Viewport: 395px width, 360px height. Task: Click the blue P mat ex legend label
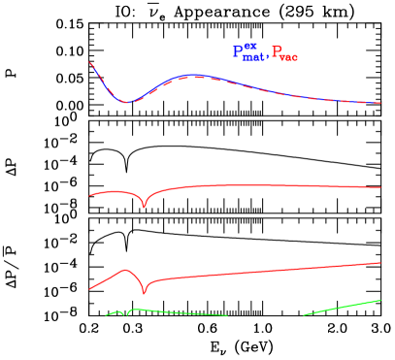click(x=248, y=53)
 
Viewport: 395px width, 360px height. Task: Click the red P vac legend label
click(x=284, y=55)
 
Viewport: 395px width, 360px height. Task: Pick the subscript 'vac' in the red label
click(x=289, y=58)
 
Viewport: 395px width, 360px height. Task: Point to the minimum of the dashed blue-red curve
click(x=126, y=103)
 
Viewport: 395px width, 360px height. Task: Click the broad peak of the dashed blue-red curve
click(x=197, y=75)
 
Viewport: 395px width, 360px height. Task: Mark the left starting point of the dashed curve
click(x=90, y=63)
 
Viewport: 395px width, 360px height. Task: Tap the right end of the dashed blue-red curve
click(x=380, y=103)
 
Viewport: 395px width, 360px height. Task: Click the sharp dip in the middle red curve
click(x=145, y=207)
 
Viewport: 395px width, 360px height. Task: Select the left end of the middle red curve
click(x=90, y=196)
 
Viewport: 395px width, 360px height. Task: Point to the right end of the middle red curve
click(x=380, y=187)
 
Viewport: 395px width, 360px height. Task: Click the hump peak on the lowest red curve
click(x=126, y=270)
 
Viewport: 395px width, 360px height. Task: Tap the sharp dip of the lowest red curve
click(x=145, y=292)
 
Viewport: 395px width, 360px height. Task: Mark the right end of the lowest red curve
click(x=380, y=263)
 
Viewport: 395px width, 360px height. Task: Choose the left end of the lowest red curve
click(x=90, y=288)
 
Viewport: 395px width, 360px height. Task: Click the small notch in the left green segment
click(x=124, y=315)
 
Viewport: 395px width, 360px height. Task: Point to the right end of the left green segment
click(x=228, y=314)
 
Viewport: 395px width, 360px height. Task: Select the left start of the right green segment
click(x=305, y=314)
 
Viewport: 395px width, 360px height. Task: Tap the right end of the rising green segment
click(x=380, y=300)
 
